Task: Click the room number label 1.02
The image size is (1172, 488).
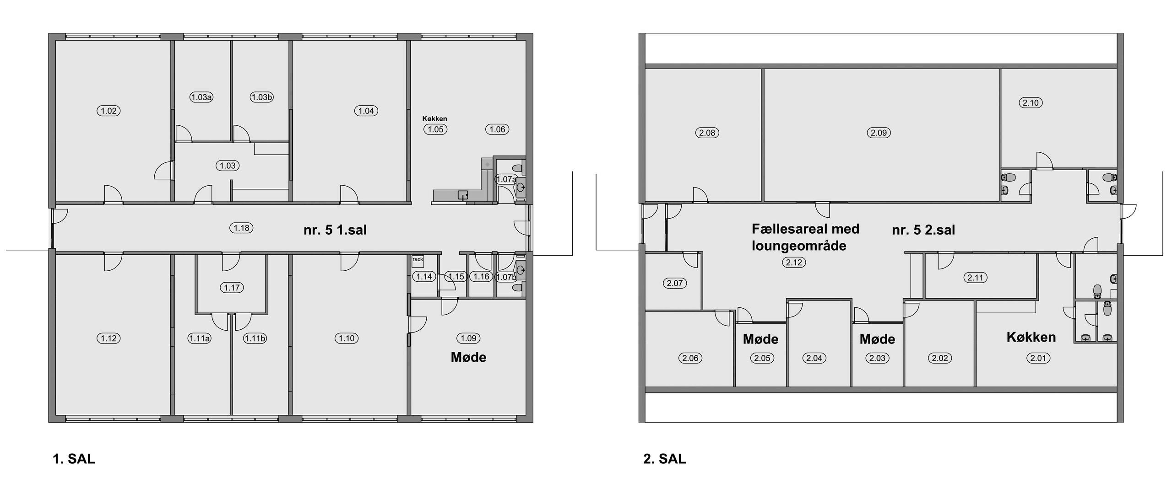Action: (x=109, y=111)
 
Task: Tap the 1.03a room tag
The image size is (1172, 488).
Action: (x=201, y=97)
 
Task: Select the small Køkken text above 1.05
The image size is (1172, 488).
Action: (x=434, y=119)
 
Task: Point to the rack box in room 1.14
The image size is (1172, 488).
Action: (x=418, y=261)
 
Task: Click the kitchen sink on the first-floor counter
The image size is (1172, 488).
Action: (x=463, y=196)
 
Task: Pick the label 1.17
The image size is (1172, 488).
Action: (x=232, y=288)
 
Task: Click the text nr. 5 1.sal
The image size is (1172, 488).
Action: (x=335, y=230)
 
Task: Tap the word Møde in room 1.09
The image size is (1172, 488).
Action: (x=468, y=357)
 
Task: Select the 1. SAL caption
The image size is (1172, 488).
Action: (x=74, y=459)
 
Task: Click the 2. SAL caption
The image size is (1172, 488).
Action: (x=665, y=459)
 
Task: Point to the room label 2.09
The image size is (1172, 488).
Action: (x=879, y=133)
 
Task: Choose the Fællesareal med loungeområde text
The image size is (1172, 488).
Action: (x=806, y=237)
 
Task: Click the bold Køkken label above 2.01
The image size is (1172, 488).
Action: (x=1031, y=338)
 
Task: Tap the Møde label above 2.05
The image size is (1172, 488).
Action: (x=760, y=339)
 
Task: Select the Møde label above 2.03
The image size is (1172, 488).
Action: (x=877, y=339)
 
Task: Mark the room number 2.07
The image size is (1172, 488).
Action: (x=675, y=283)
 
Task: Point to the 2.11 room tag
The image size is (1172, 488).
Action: (x=975, y=278)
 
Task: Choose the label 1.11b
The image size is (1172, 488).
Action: (x=255, y=338)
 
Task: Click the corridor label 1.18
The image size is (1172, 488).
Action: (x=242, y=228)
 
